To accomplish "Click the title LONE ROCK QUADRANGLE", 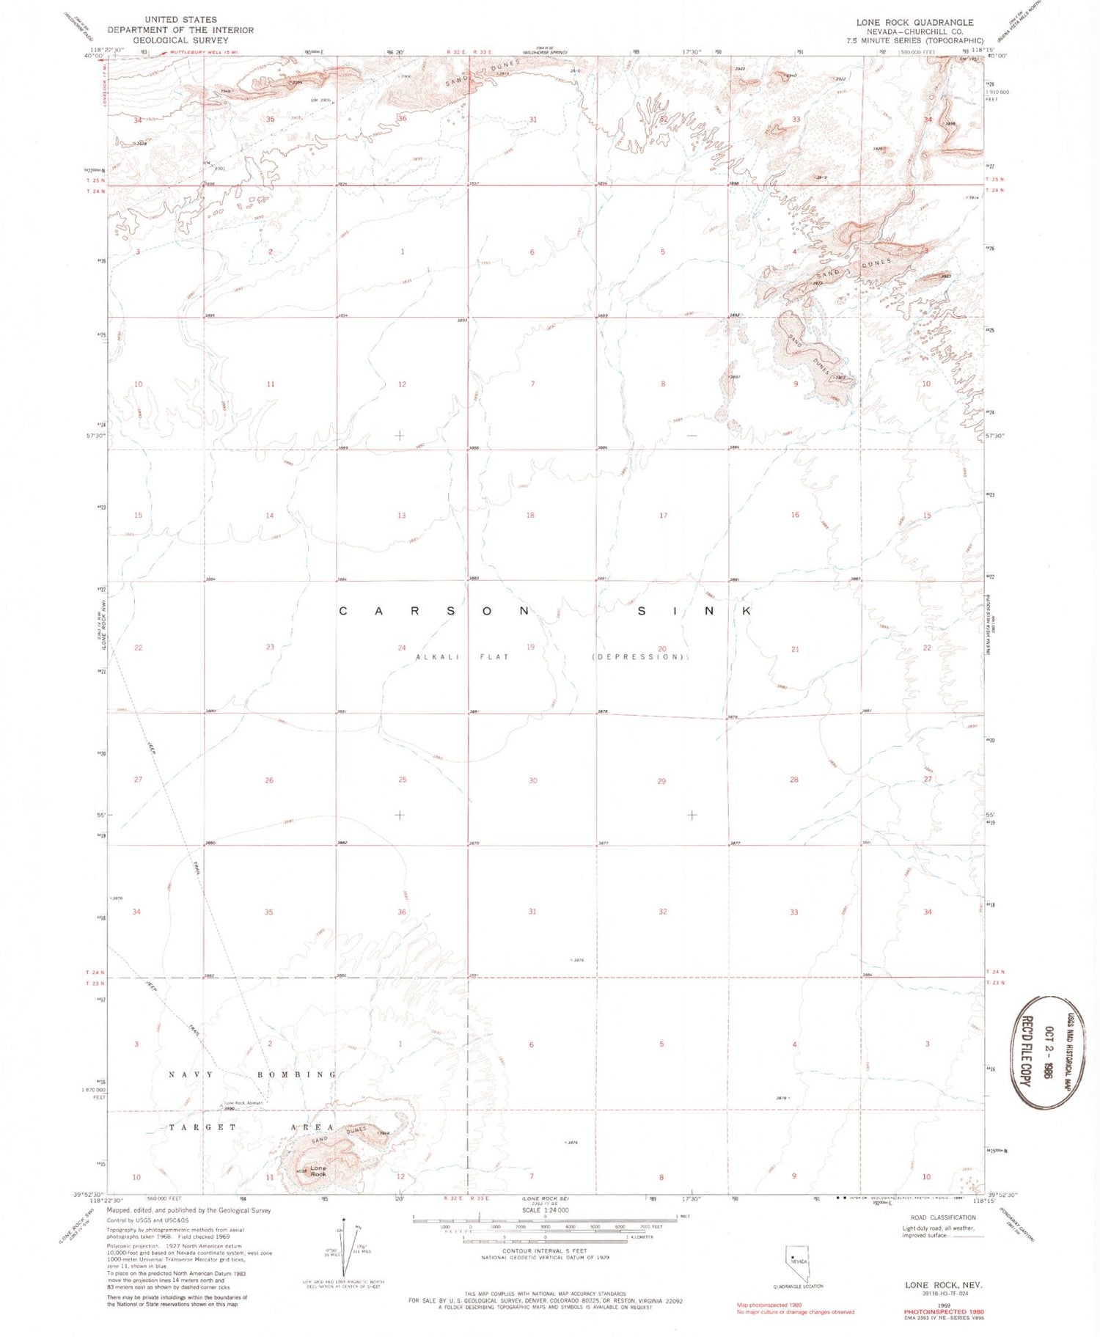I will tap(914, 23).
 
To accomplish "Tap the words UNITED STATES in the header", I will tap(180, 19).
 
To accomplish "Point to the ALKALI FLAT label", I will tap(462, 657).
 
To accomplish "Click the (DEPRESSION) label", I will tap(638, 657).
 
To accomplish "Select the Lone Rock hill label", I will tap(318, 1171).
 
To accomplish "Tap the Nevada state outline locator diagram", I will tap(797, 1263).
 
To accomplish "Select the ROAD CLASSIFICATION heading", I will tap(942, 1217).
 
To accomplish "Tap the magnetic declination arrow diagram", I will tap(343, 1247).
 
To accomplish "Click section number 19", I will tap(530, 647).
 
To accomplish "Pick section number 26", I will tap(269, 780).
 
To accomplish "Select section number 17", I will tap(663, 516).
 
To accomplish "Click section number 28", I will tap(794, 780).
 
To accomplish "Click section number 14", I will tap(270, 516).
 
